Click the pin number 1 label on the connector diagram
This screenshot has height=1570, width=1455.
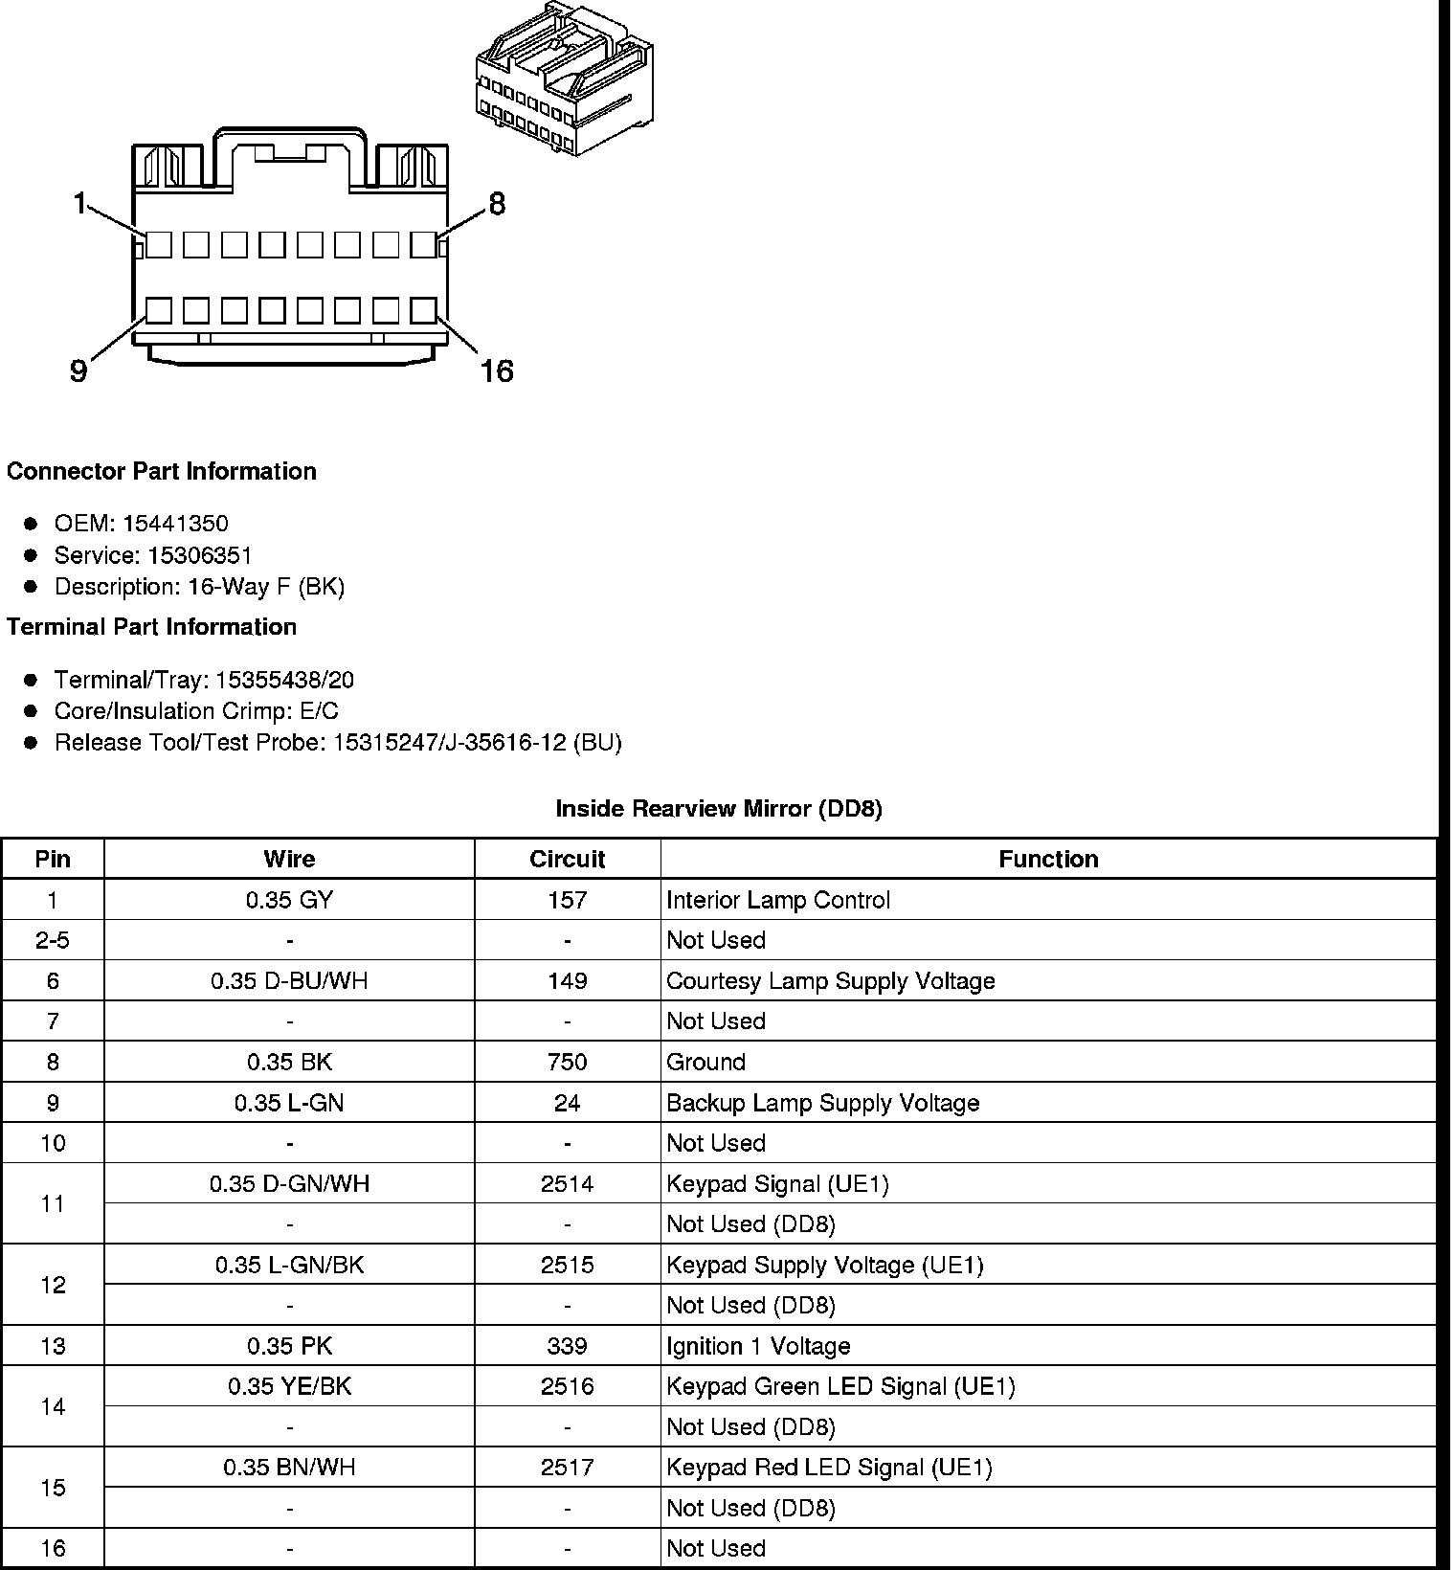point(80,203)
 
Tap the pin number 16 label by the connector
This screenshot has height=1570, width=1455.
point(497,370)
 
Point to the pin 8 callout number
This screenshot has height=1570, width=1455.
point(497,204)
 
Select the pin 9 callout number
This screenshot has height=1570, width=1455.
point(78,370)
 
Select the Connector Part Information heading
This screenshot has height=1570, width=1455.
point(161,471)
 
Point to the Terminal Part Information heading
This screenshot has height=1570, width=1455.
point(151,627)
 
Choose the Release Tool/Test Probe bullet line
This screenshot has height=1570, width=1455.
point(337,743)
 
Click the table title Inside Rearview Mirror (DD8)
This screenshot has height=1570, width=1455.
point(719,809)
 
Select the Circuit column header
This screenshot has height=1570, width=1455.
point(567,859)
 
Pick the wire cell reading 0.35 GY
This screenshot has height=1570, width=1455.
point(289,900)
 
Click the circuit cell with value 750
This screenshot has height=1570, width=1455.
point(567,1062)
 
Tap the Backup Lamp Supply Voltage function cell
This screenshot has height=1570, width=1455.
point(822,1103)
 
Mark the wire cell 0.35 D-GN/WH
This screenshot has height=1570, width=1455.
point(289,1184)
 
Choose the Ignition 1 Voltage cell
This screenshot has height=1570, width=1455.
point(758,1346)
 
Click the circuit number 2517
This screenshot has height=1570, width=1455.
point(567,1468)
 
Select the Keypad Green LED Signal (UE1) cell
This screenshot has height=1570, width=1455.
point(840,1386)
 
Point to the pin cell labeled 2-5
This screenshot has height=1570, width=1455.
point(53,940)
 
